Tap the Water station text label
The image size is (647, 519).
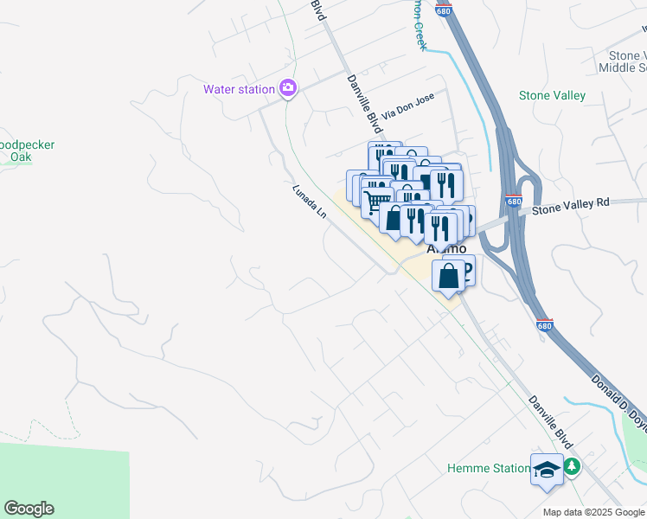(x=238, y=89)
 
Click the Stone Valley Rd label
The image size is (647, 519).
(x=571, y=203)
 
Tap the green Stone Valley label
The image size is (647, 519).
(x=552, y=96)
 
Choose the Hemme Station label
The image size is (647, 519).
(x=488, y=469)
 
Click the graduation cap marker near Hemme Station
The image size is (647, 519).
(x=546, y=469)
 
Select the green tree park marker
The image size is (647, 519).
(x=572, y=467)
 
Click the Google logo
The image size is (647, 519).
(x=29, y=509)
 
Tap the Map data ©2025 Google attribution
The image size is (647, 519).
(x=593, y=512)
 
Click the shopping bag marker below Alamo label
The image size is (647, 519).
(x=449, y=278)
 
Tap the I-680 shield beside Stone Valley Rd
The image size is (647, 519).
(x=514, y=202)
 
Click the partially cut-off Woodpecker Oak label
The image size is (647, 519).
(x=26, y=151)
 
